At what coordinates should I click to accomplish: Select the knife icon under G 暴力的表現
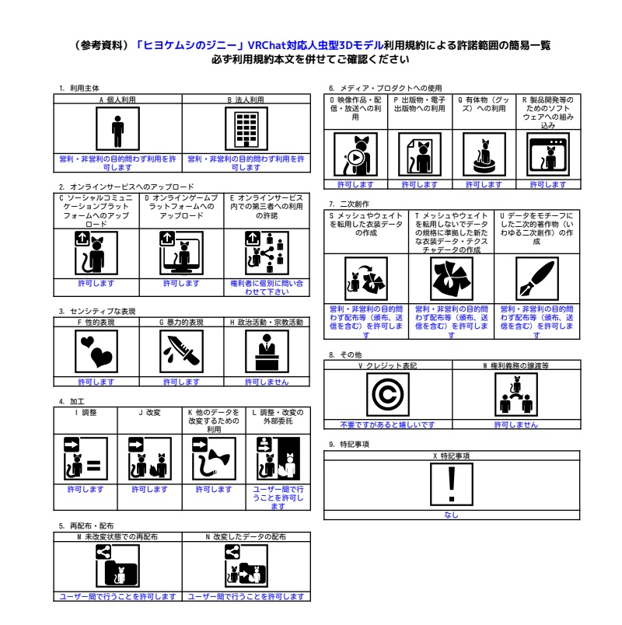pyautogui.click(x=181, y=352)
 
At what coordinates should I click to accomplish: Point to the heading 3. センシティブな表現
pyautogui.click(x=97, y=311)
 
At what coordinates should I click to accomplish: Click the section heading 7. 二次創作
pyautogui.click(x=349, y=204)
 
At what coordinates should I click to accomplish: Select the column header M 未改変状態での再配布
pyautogui.click(x=117, y=536)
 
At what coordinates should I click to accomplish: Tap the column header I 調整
pyautogui.click(x=85, y=411)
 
